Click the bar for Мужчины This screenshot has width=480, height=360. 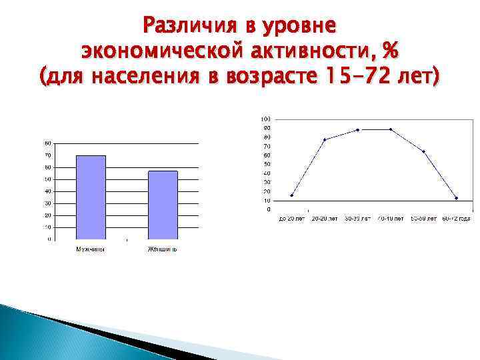(91, 197)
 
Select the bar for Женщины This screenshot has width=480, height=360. (163, 205)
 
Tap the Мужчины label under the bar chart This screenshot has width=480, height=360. (91, 250)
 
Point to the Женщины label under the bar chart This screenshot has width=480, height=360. (163, 250)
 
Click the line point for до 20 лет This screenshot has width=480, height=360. (292, 195)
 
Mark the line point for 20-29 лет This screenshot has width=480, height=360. (325, 139)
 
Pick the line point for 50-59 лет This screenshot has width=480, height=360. (423, 151)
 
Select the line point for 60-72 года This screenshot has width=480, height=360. (456, 198)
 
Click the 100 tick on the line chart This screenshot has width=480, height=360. (266, 119)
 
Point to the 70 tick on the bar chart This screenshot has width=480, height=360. (48, 155)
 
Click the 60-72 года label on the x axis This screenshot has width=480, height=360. (456, 218)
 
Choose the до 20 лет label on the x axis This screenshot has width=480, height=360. (292, 218)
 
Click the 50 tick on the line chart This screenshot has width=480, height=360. (267, 164)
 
